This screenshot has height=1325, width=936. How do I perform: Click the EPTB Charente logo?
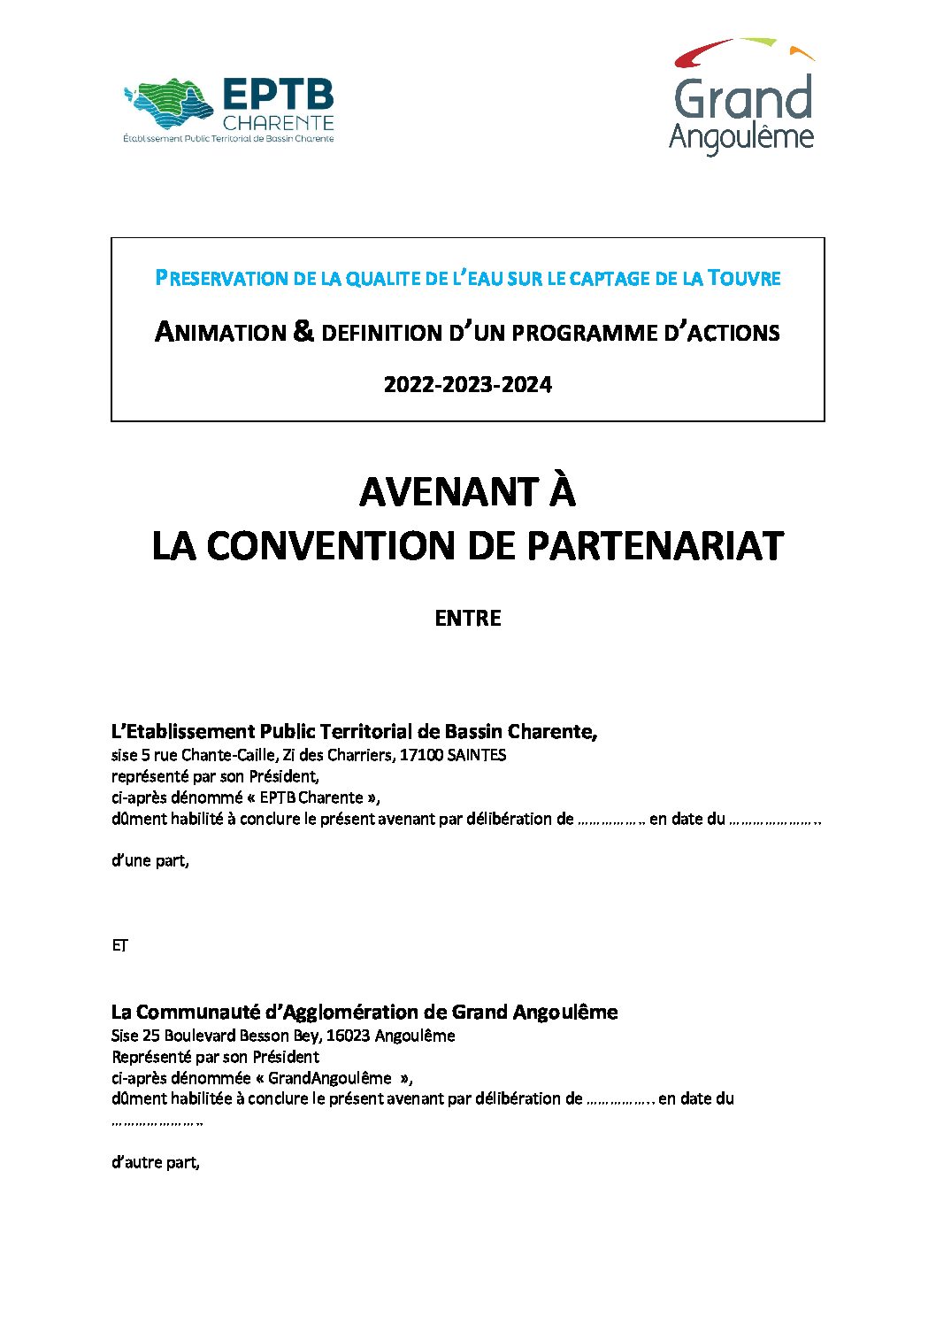click(x=228, y=111)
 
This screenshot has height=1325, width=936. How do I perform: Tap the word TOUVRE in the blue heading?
click(x=744, y=278)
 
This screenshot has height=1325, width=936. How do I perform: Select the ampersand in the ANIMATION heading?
click(x=303, y=331)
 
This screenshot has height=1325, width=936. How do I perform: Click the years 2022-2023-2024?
click(x=467, y=384)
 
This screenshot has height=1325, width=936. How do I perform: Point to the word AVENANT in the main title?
click(x=449, y=492)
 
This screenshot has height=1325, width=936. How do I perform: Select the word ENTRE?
click(x=467, y=618)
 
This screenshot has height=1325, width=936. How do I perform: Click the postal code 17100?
click(x=421, y=755)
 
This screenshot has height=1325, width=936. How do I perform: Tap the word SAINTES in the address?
click(x=477, y=755)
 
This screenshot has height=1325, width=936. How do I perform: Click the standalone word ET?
click(x=119, y=945)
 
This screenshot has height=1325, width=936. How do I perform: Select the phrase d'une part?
click(x=150, y=860)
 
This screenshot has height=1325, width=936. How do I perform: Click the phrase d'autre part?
click(x=155, y=1162)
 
